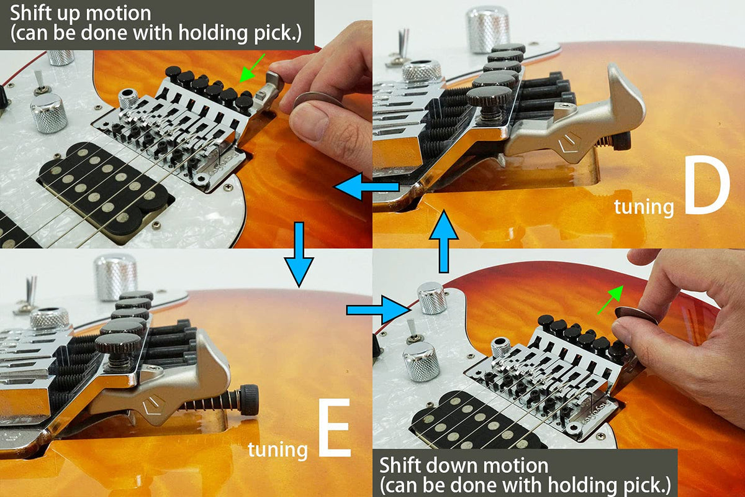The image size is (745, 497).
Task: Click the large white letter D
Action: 707,190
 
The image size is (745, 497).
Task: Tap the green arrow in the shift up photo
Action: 252,68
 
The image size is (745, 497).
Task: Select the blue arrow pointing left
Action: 367,186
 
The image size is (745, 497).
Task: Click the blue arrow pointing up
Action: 444,241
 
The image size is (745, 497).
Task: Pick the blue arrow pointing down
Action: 299,255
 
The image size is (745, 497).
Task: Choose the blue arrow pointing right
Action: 378,310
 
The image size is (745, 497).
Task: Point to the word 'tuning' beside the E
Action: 278,450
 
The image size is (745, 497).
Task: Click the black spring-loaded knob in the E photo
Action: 249,399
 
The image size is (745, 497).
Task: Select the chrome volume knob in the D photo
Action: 487,29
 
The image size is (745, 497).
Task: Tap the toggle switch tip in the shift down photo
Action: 411,327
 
